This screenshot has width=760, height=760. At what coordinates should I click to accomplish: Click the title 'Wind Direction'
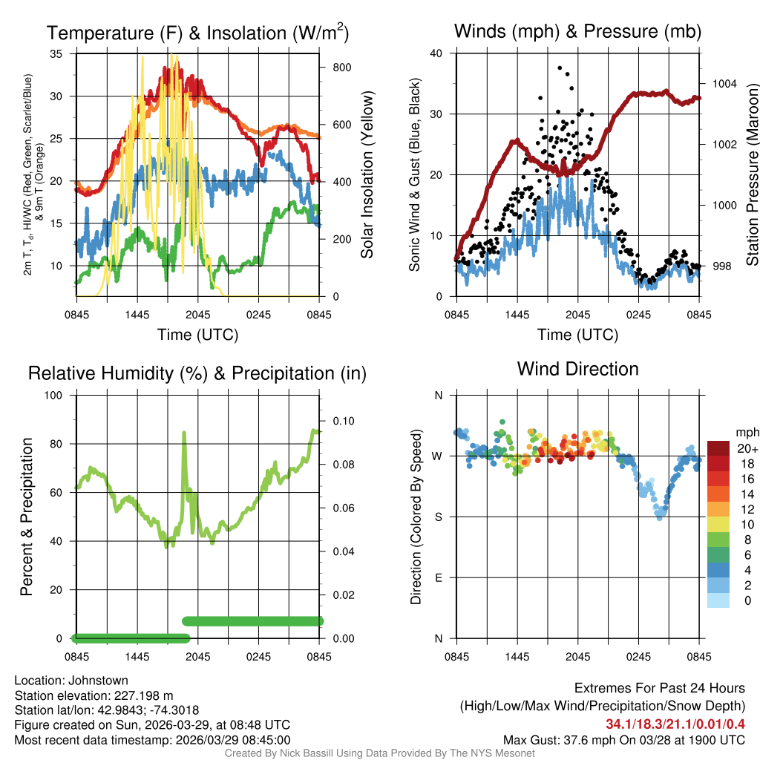click(577, 369)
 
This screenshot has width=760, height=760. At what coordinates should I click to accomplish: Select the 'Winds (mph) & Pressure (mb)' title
click(577, 32)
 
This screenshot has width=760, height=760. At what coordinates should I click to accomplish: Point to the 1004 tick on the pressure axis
click(724, 84)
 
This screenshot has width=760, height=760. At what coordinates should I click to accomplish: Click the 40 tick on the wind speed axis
click(436, 53)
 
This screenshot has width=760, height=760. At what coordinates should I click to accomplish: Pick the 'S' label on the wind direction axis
click(438, 517)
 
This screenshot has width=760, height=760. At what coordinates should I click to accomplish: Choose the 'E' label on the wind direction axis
click(438, 577)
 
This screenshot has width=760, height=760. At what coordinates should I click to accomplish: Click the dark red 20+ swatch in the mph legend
click(718, 448)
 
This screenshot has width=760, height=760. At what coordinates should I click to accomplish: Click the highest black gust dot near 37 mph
click(560, 68)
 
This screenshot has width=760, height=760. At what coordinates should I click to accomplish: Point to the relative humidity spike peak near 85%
click(183, 433)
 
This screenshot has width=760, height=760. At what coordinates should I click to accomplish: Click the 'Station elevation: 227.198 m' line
click(94, 695)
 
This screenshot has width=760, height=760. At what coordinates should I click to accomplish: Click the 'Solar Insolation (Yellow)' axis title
click(367, 175)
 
